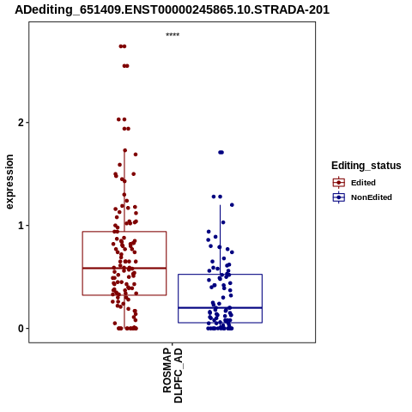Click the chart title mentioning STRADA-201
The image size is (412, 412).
click(x=173, y=9)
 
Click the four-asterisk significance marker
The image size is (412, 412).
click(x=173, y=34)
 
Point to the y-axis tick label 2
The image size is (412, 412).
click(x=21, y=123)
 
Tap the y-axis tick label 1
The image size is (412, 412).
click(x=21, y=226)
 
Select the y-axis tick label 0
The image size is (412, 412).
click(x=21, y=329)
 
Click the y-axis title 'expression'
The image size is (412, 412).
click(x=9, y=182)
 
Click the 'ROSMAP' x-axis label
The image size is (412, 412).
click(x=167, y=370)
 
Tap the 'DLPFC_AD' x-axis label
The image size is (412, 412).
click(x=178, y=375)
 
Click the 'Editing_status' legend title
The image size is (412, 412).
click(x=367, y=166)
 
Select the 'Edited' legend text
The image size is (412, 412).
click(x=363, y=183)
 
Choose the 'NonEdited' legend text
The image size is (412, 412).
click(x=372, y=197)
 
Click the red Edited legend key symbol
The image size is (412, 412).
click(x=339, y=183)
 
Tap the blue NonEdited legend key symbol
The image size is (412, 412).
click(x=339, y=197)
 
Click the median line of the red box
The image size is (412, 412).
click(x=124, y=268)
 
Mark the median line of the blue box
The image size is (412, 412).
click(x=220, y=308)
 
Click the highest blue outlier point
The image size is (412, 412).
click(x=221, y=152)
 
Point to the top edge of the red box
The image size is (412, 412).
click(x=124, y=232)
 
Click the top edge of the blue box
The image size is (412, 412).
click(x=220, y=275)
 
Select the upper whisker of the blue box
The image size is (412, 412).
click(x=220, y=239)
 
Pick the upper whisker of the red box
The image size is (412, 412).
click(x=124, y=191)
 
